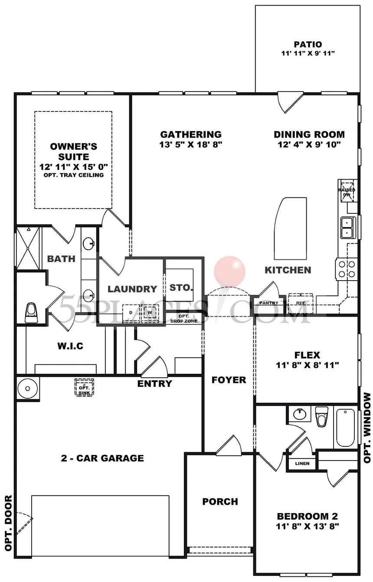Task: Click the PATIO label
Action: (x=308, y=44)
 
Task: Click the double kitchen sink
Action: (x=347, y=227)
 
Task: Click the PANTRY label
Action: (x=268, y=303)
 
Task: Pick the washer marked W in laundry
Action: (x=150, y=312)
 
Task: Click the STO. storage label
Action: (x=181, y=288)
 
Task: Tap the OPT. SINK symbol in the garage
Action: (x=82, y=386)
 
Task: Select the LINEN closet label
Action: (x=302, y=463)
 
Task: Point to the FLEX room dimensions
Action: (x=307, y=365)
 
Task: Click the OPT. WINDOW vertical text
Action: (x=367, y=427)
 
